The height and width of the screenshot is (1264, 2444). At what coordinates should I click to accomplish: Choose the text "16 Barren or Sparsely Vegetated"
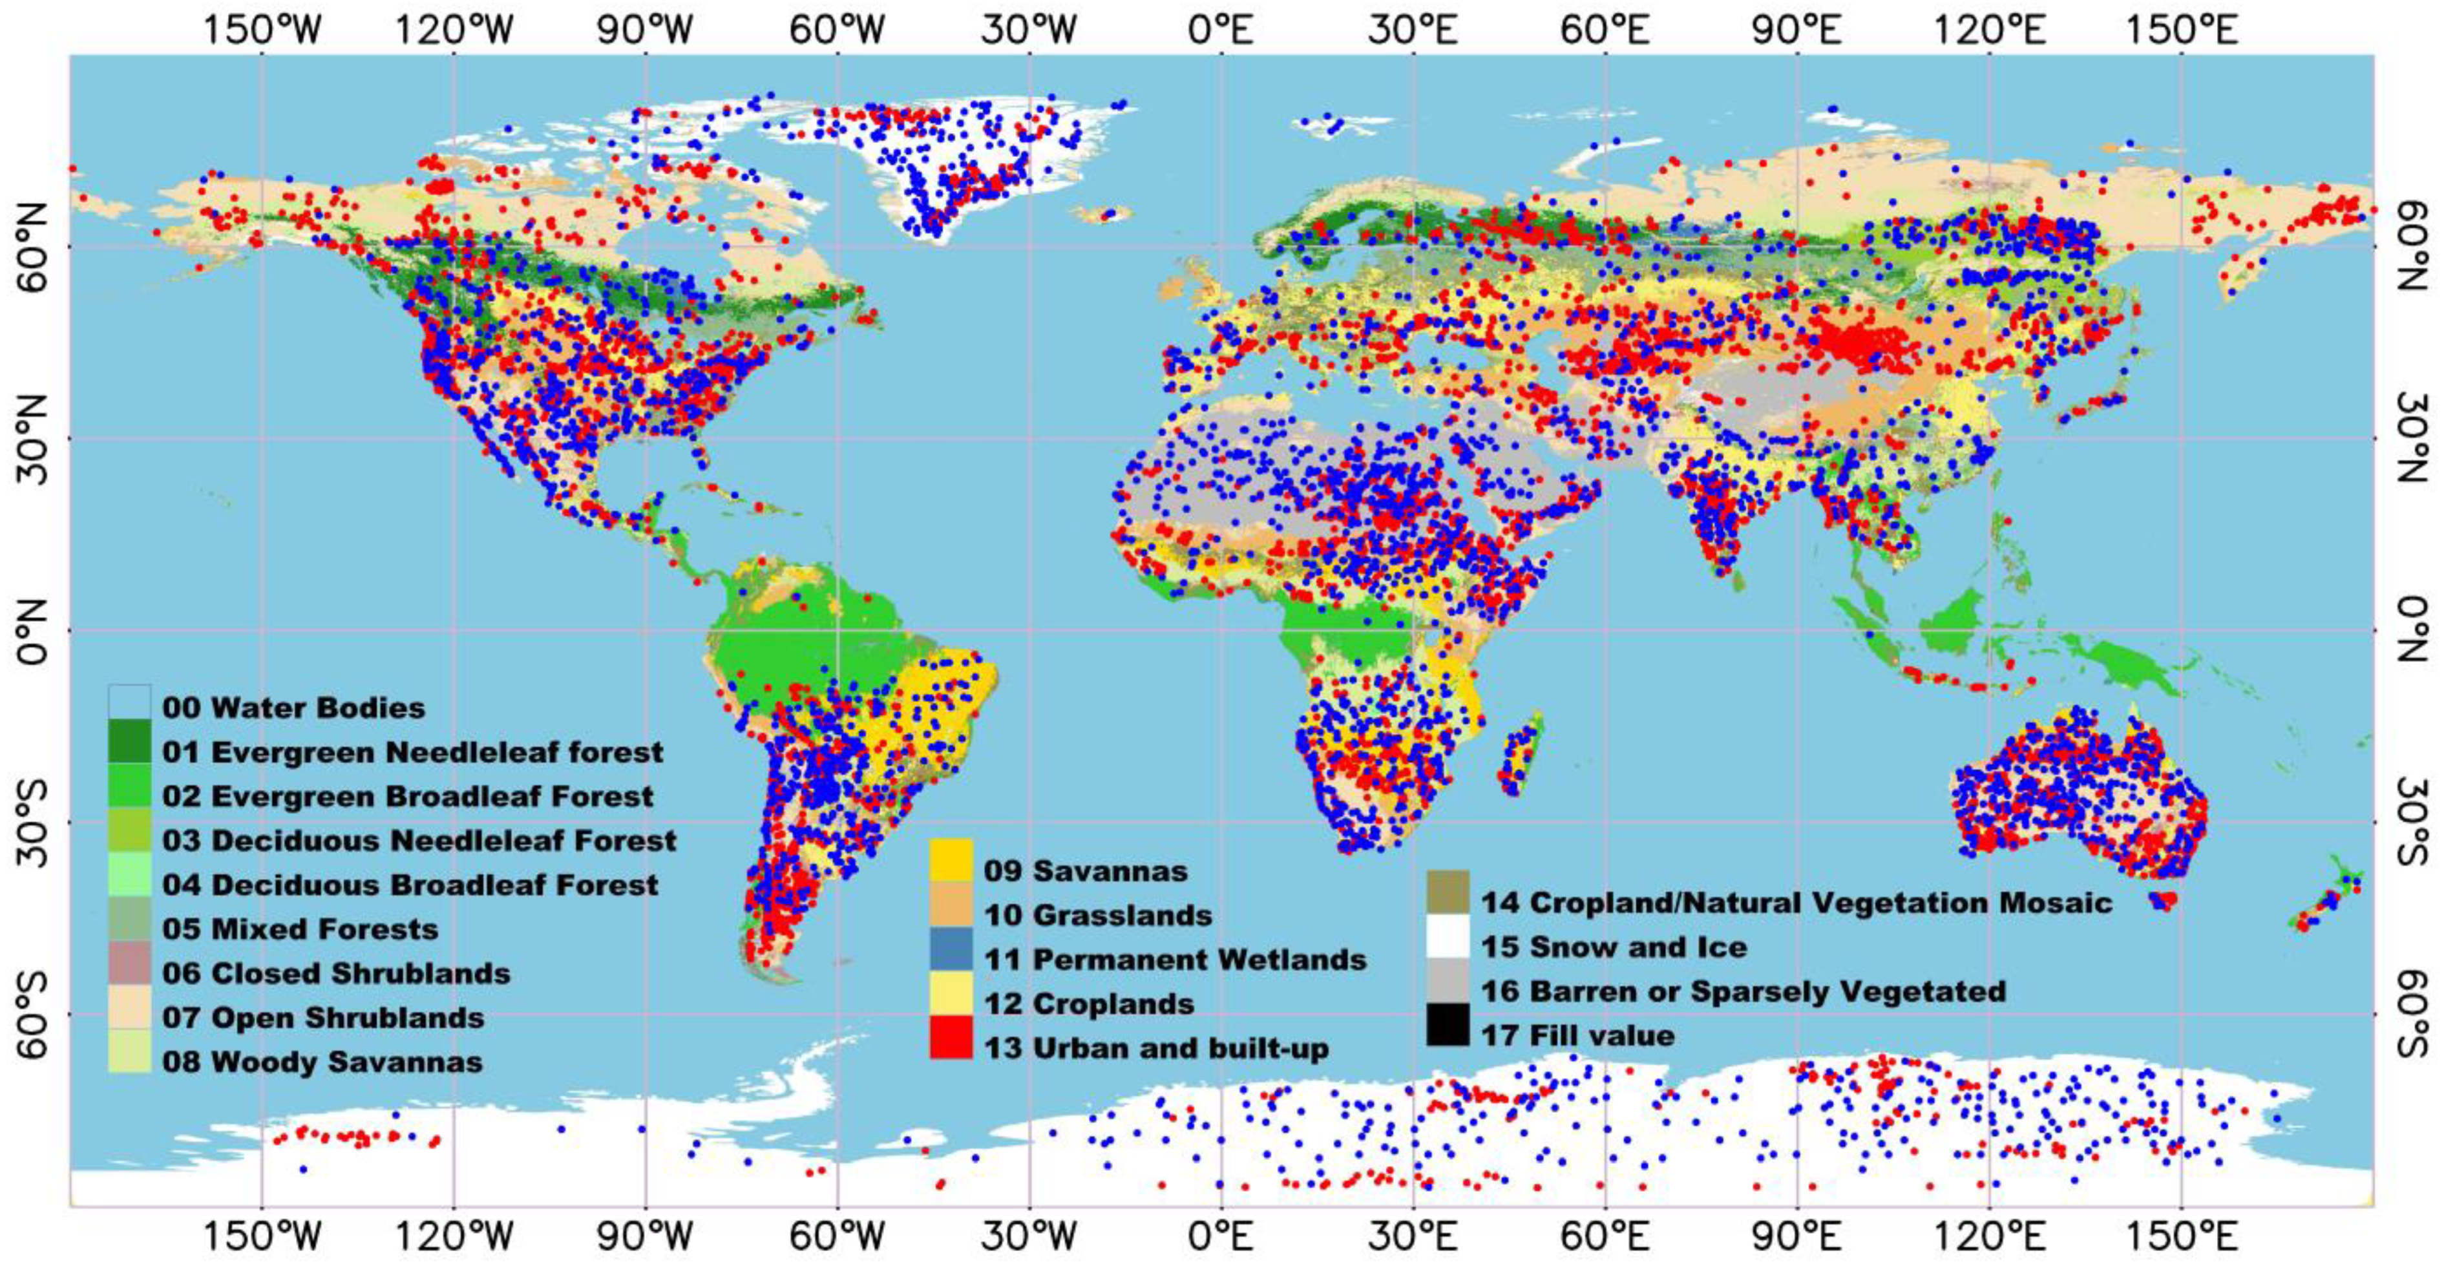click(1743, 991)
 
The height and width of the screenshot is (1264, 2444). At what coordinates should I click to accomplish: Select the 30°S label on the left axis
click(30, 822)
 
